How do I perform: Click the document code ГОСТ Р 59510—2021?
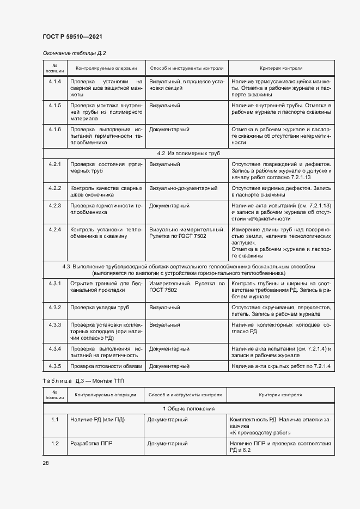pos(72,37)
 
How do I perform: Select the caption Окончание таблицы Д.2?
pos(74,53)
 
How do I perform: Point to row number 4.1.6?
pos(54,130)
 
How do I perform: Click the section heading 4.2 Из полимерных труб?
pos(188,154)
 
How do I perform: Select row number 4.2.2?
pos(54,188)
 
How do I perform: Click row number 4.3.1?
pos(54,284)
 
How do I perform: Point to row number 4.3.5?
pos(54,366)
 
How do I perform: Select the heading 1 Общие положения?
pos(188,408)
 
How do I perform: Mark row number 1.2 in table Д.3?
pos(54,444)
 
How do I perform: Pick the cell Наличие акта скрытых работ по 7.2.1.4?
pos(280,366)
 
